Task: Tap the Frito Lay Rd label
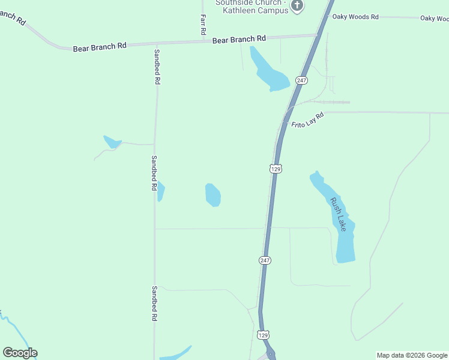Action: pyautogui.click(x=307, y=120)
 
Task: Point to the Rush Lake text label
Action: pyautogui.click(x=338, y=214)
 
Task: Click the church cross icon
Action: pyautogui.click(x=297, y=6)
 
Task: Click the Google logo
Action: pyautogui.click(x=20, y=353)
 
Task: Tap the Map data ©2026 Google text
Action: pyautogui.click(x=412, y=355)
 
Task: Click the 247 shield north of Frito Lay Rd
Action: pyautogui.click(x=301, y=80)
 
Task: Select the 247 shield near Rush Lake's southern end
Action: pyautogui.click(x=265, y=260)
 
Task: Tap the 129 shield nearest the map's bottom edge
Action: pyautogui.click(x=263, y=335)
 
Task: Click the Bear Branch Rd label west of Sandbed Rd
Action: pyautogui.click(x=100, y=47)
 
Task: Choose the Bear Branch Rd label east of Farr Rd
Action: pyautogui.click(x=239, y=39)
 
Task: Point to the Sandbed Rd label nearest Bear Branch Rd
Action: pyautogui.click(x=157, y=67)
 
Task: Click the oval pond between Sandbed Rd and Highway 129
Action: pyautogui.click(x=213, y=194)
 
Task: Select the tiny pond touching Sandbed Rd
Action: pyautogui.click(x=160, y=191)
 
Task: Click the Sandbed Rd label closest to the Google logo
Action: pyautogui.click(x=154, y=303)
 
